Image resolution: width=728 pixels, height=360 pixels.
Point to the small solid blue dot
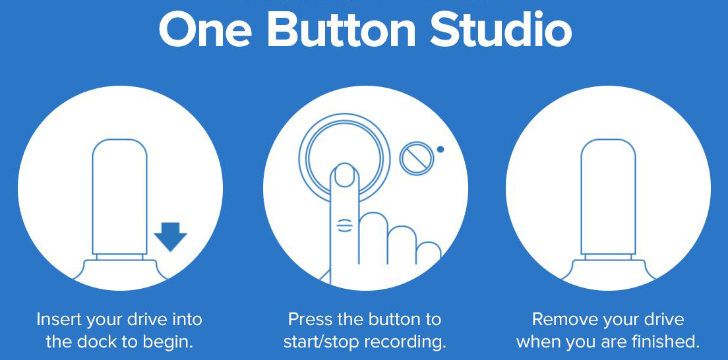click(440, 149)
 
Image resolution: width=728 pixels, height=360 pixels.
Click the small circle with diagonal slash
click(415, 159)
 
